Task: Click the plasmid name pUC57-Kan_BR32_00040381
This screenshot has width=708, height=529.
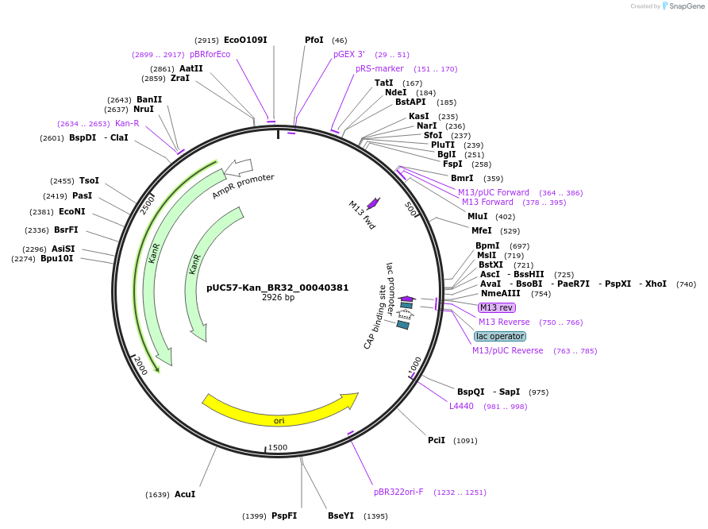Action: click(277, 288)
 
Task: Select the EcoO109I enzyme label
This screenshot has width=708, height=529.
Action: click(245, 40)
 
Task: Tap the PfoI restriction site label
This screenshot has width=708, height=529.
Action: click(314, 40)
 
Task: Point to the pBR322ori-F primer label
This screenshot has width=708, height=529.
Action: click(398, 492)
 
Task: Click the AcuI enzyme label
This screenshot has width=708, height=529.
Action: click(185, 494)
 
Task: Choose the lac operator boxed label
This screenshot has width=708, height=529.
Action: click(500, 336)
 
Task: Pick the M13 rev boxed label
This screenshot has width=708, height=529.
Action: click(496, 307)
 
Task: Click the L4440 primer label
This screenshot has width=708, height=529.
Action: click(461, 406)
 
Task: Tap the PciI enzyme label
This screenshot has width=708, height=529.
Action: click(437, 440)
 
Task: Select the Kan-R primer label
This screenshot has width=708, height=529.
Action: click(127, 123)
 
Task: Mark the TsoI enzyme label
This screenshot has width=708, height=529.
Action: click(89, 180)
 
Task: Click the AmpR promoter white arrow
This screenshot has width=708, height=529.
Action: click(239, 167)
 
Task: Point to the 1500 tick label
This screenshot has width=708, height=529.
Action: click(278, 447)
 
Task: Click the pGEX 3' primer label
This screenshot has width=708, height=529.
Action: click(349, 54)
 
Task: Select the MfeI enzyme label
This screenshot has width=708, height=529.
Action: click(482, 230)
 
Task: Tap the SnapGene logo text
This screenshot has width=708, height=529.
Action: click(687, 6)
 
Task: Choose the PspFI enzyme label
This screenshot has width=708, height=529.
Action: click(284, 515)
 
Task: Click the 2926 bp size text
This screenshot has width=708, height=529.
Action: click(278, 298)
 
